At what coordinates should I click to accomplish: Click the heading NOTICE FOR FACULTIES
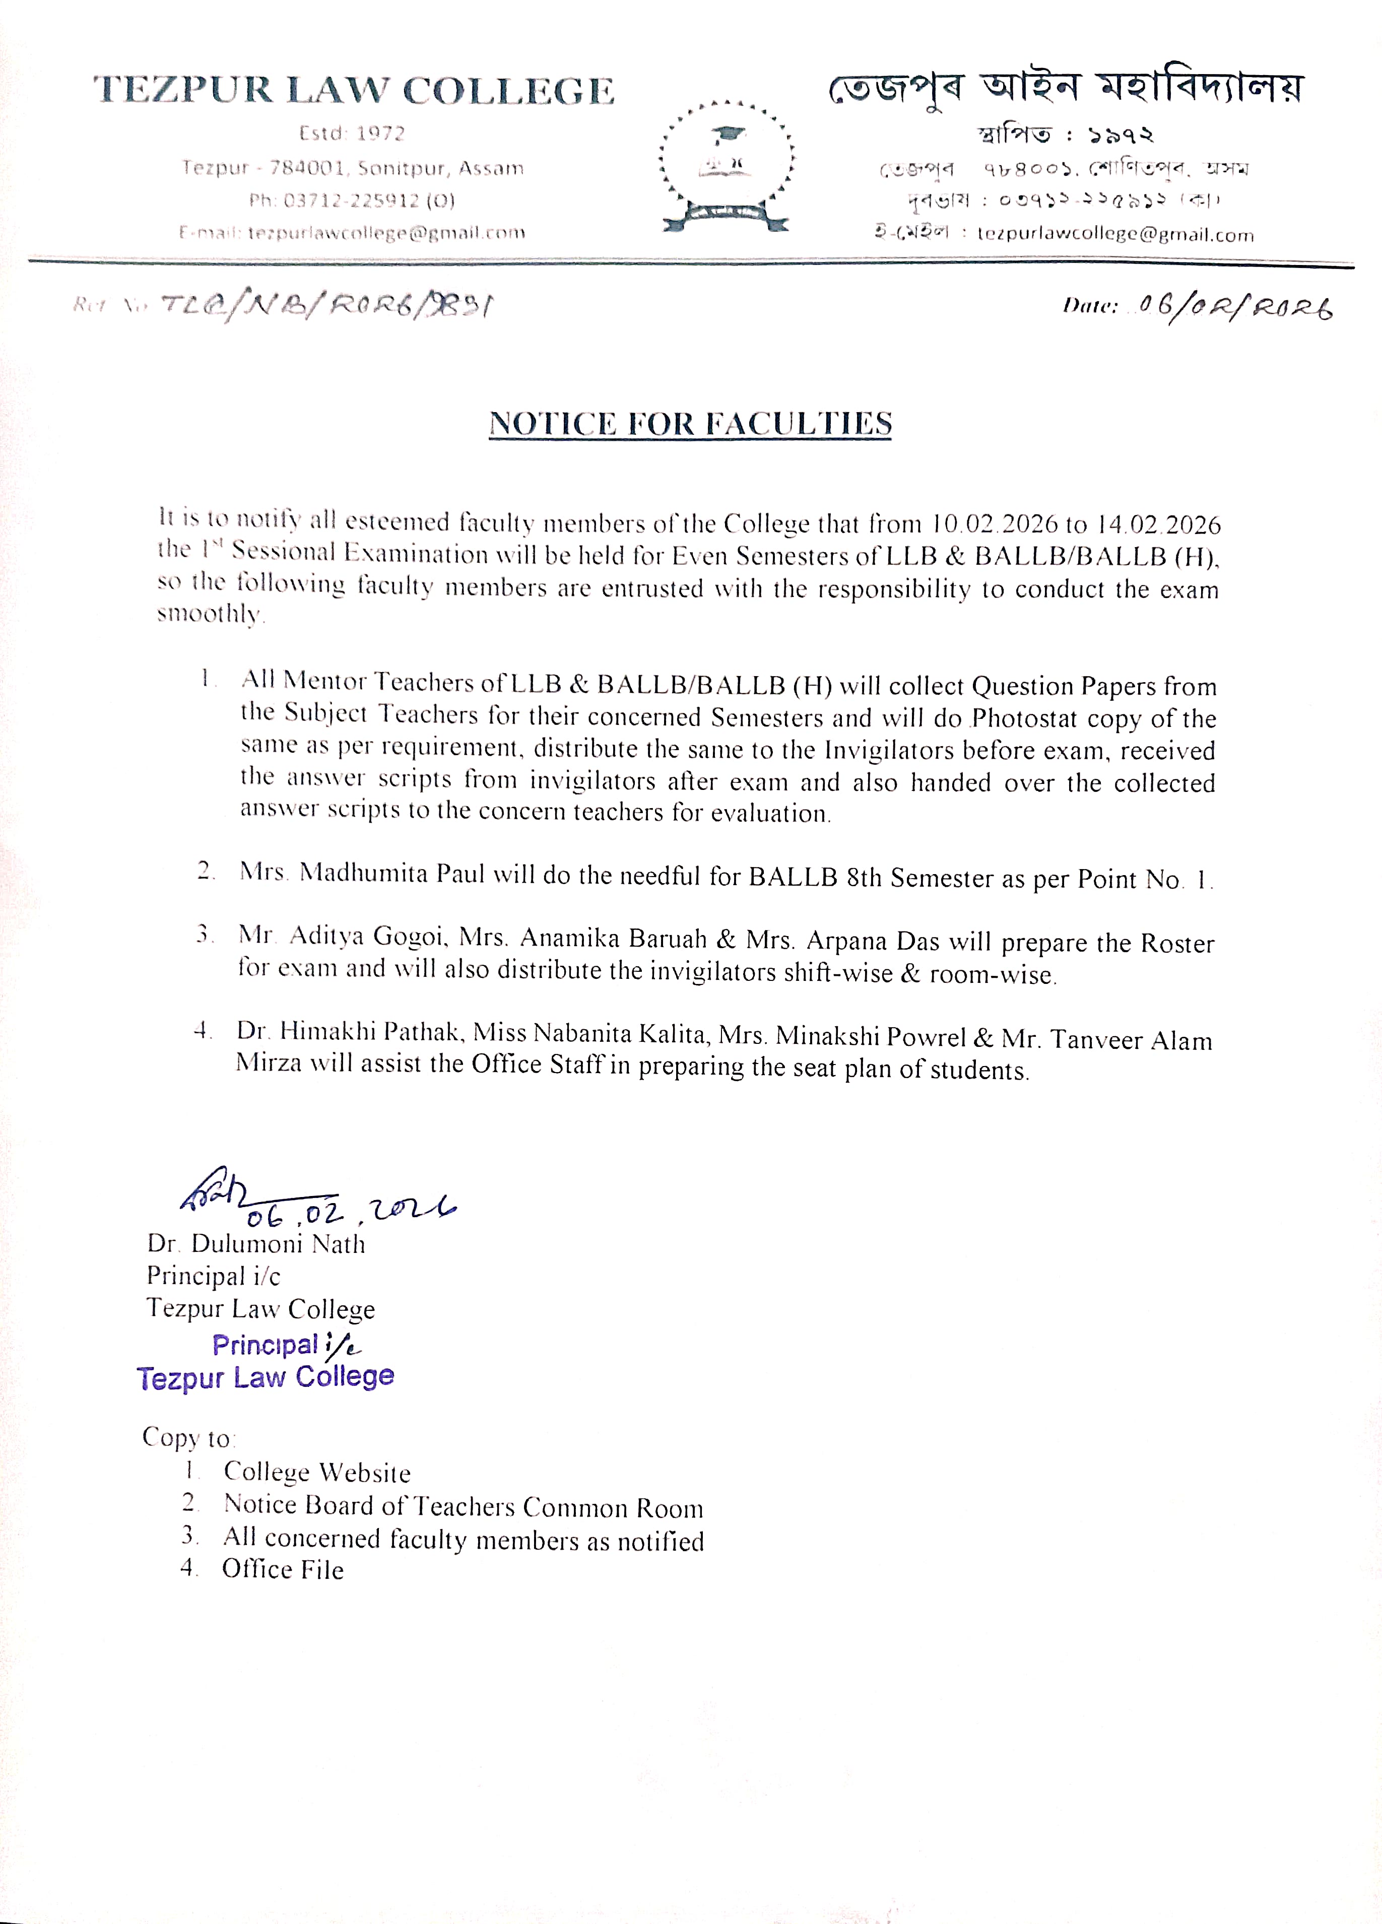pos(690,423)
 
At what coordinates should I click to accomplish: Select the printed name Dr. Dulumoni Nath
pos(255,1244)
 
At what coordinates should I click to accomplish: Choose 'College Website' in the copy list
pos(316,1473)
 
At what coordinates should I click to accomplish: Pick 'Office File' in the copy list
pos(283,1569)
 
